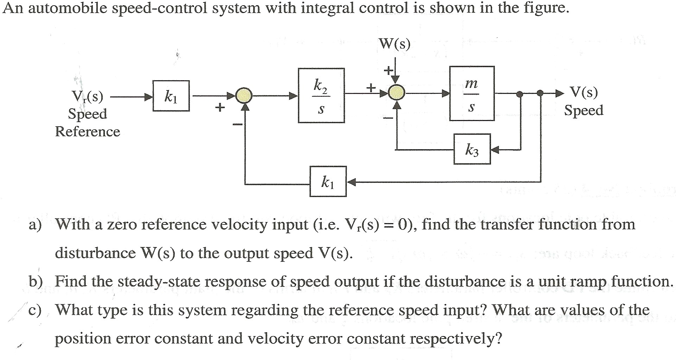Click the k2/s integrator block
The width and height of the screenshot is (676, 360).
pyautogui.click(x=321, y=95)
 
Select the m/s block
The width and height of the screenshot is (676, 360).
pyautogui.click(x=472, y=94)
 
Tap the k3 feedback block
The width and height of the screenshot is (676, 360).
pyautogui.click(x=472, y=149)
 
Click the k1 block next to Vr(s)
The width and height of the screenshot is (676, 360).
pyautogui.click(x=171, y=96)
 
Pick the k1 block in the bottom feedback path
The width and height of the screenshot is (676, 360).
pyautogui.click(x=328, y=182)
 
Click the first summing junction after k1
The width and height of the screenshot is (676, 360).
pyautogui.click(x=244, y=95)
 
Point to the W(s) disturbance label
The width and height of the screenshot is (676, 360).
pyautogui.click(x=395, y=44)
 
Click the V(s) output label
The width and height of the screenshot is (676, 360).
pyautogui.click(x=583, y=92)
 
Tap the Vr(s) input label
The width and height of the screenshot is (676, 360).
pyautogui.click(x=87, y=96)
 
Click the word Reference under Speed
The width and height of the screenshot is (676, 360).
pyautogui.click(x=88, y=132)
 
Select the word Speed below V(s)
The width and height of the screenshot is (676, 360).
pyautogui.click(x=583, y=110)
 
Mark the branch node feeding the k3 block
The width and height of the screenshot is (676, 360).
pyautogui.click(x=520, y=94)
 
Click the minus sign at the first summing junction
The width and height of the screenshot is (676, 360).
pyautogui.click(x=237, y=124)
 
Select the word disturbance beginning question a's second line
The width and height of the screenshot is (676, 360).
pyautogui.click(x=95, y=253)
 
